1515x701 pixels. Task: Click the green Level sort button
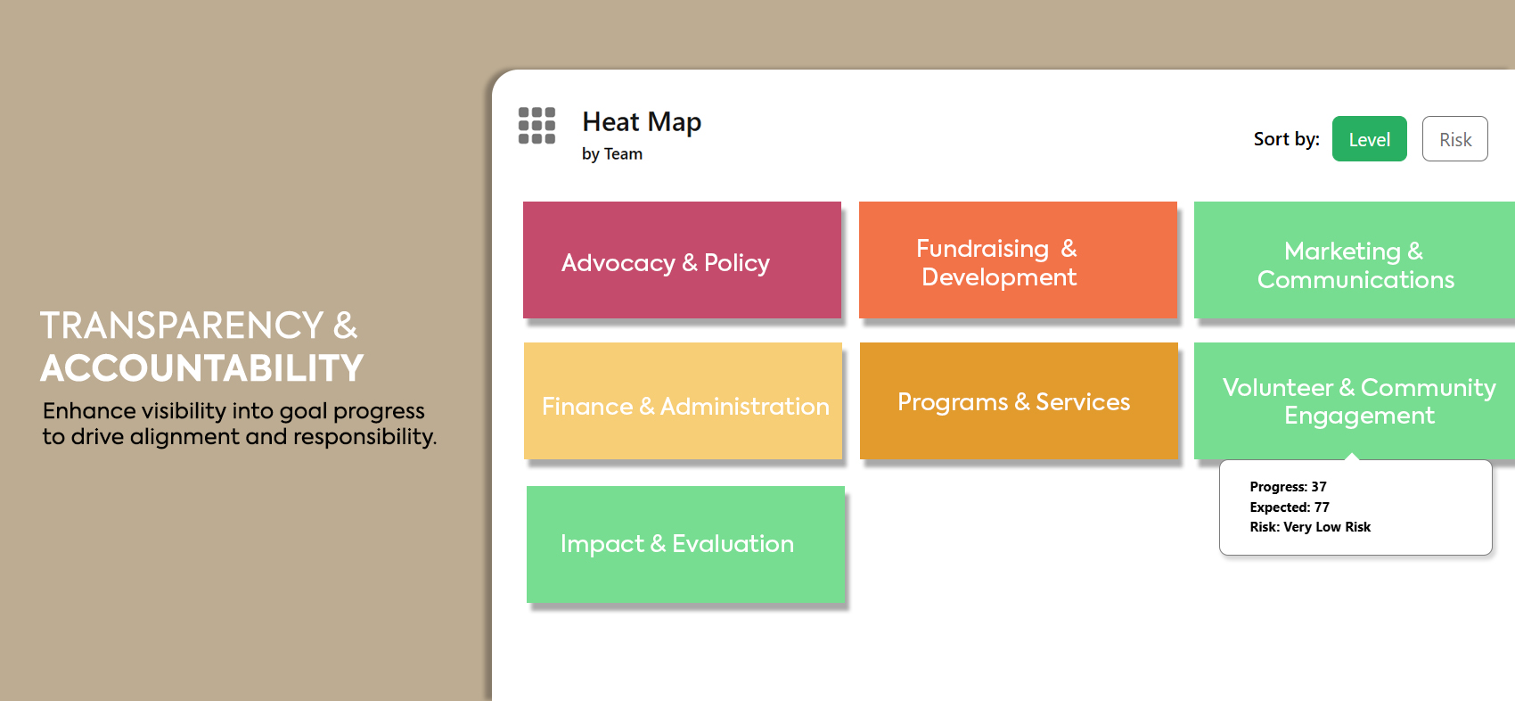pos(1369,139)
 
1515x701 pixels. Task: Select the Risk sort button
pos(1454,139)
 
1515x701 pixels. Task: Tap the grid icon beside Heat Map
pos(537,126)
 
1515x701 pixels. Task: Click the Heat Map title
pos(642,122)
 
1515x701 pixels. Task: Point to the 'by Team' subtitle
pos(612,154)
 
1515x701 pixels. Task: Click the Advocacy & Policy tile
pos(682,260)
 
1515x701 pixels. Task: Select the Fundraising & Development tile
pos(1018,260)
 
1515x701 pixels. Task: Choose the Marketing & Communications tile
pos(1354,260)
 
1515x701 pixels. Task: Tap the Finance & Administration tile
pos(684,400)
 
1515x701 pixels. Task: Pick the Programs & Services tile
pos(1019,400)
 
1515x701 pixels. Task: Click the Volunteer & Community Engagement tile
pos(1354,400)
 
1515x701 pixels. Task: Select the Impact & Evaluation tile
pos(686,544)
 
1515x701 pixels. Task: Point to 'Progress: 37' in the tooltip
pos(1288,486)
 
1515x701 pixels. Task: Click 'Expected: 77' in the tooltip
pos(1290,507)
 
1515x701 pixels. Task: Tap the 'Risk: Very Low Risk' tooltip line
pos(1310,527)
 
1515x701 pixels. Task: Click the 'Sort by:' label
pos(1286,139)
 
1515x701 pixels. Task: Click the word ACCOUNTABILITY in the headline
pos(202,368)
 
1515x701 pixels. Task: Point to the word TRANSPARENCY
pos(182,326)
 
